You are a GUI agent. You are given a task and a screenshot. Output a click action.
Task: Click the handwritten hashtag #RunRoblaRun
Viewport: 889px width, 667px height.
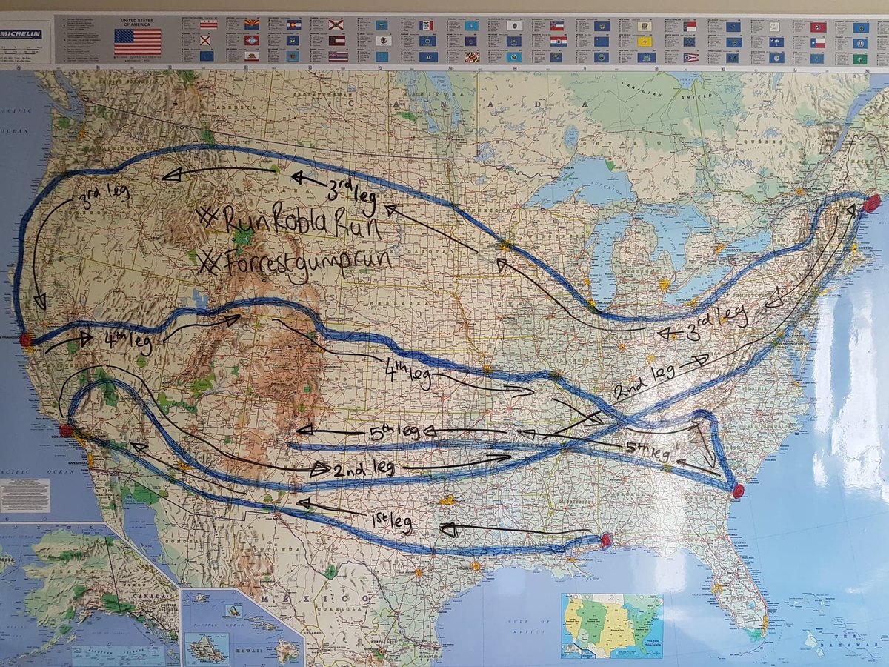[x=289, y=223]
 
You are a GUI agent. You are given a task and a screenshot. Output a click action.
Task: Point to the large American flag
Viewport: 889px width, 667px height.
[x=137, y=42]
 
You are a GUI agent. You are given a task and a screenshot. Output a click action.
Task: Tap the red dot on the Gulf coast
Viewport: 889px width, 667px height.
[x=605, y=540]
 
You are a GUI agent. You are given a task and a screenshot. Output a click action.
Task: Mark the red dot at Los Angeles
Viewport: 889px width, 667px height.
[x=66, y=431]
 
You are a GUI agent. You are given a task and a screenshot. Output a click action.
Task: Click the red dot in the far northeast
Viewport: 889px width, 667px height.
[x=872, y=202]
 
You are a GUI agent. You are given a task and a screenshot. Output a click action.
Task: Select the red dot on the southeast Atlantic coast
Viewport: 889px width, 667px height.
[x=738, y=491]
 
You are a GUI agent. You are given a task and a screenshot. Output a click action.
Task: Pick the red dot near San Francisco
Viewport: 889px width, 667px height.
[x=26, y=340]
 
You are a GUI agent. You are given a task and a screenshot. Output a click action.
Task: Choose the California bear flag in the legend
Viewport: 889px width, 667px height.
[x=252, y=56]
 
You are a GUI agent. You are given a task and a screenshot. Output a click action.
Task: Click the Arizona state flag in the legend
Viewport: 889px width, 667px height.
[x=252, y=24]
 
